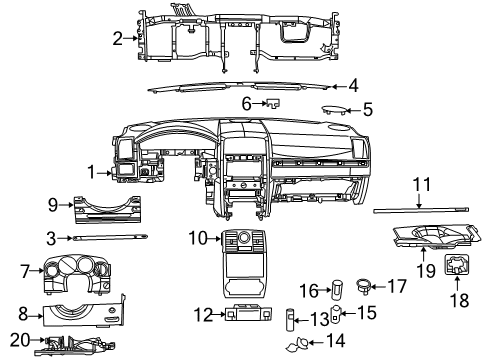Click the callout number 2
(117, 39)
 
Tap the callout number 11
(421, 184)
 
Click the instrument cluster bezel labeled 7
(75, 273)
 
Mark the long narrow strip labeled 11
(410, 211)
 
